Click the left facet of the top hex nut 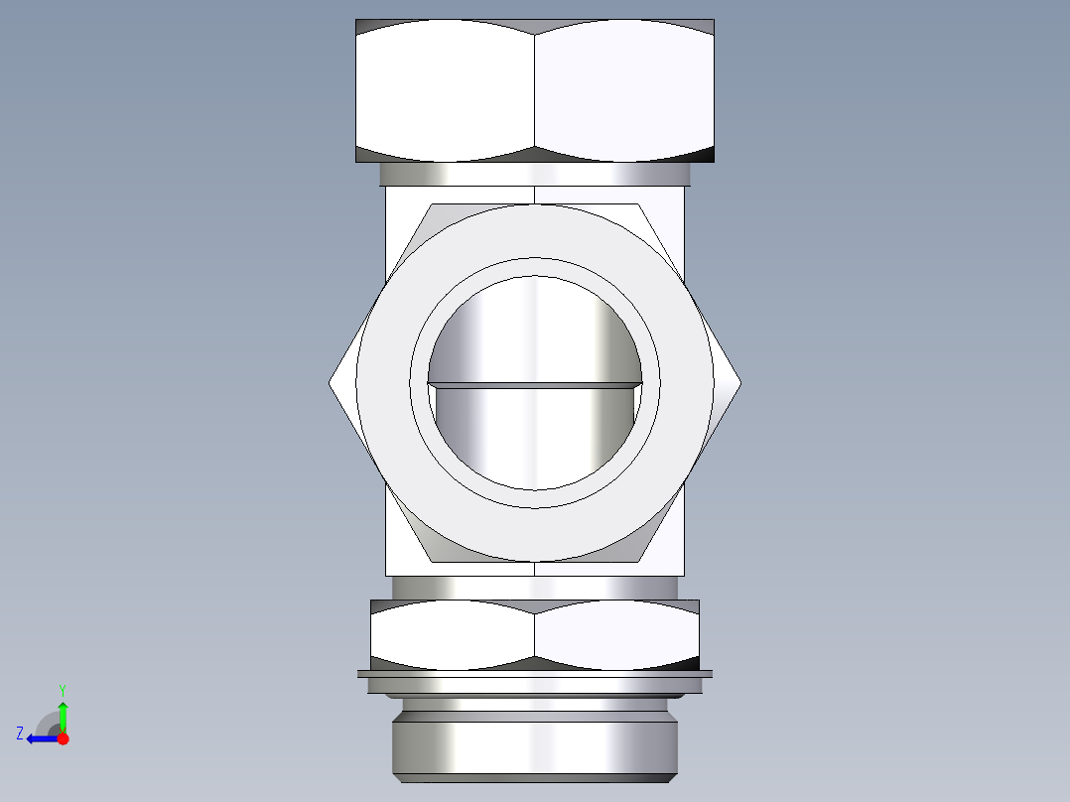coord(445,91)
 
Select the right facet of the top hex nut coord(623,91)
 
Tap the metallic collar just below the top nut coord(534,175)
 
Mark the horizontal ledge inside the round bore coord(535,384)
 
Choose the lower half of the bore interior coord(535,437)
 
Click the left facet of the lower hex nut coord(453,635)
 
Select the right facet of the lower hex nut coord(616,635)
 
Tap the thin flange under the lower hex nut coord(534,675)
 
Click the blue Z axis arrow coord(40,738)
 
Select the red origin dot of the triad coord(63,738)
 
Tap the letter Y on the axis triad coord(62,689)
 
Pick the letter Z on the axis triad coord(20,734)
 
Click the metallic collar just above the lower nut coord(534,588)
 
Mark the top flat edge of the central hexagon coord(534,204)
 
